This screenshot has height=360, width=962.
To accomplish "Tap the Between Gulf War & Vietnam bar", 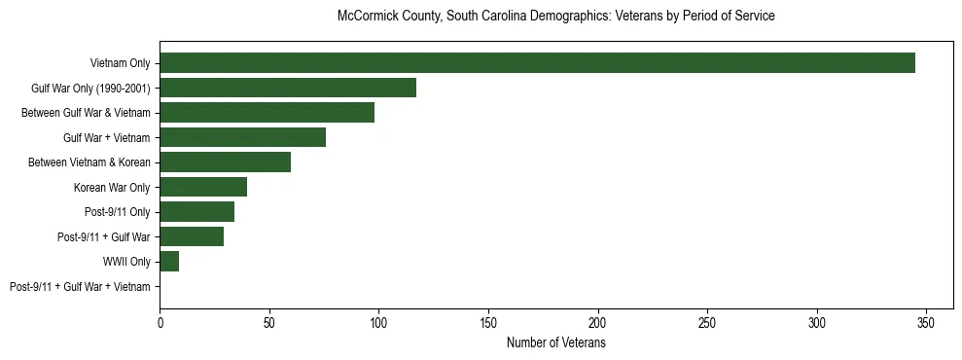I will click(267, 113).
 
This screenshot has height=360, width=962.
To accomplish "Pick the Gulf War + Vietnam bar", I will click(242, 137).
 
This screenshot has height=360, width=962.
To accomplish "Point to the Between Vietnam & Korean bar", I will click(225, 162).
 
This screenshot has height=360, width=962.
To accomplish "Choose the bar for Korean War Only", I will click(203, 187).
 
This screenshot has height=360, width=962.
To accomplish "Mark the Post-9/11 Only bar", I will click(196, 212).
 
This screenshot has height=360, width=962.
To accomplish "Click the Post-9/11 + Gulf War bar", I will click(192, 236).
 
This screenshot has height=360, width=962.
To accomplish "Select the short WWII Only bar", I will click(169, 262).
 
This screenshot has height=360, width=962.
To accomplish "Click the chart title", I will click(555, 17).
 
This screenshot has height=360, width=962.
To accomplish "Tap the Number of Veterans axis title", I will click(555, 343).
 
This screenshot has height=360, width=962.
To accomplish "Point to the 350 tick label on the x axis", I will click(926, 323).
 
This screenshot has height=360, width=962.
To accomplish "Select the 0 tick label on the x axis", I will click(160, 323).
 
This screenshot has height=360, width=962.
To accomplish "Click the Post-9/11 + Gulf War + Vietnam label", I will click(80, 287).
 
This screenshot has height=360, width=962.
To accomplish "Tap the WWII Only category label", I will click(126, 262).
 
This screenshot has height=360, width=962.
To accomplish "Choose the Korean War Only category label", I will click(112, 187).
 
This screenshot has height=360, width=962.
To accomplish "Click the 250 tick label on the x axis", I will click(707, 323).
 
